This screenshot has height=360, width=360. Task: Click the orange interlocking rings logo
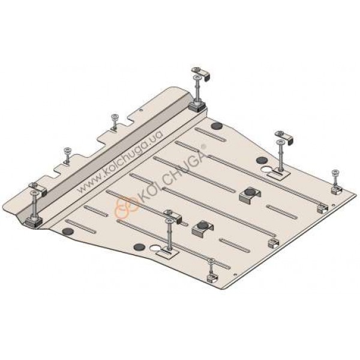pyautogui.click(x=127, y=207)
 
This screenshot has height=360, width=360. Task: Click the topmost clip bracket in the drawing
pyautogui.click(x=202, y=73)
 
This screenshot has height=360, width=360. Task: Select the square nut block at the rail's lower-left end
pyautogui.click(x=34, y=222)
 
